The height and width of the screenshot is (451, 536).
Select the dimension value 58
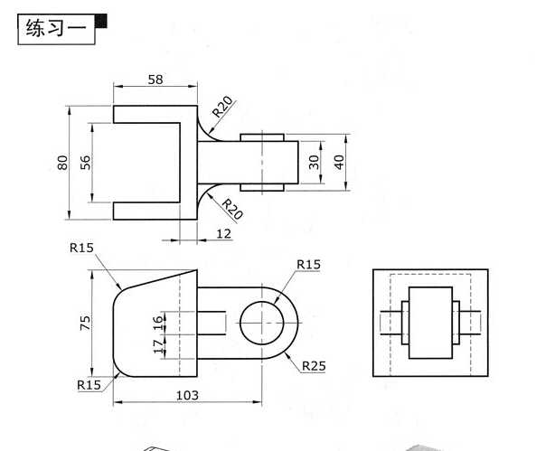pyautogui.click(x=155, y=80)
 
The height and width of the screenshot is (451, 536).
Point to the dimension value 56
pyautogui.click(x=86, y=163)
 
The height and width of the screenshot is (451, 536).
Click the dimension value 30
pyautogui.click(x=314, y=162)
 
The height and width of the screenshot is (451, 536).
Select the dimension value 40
pyautogui.click(x=339, y=162)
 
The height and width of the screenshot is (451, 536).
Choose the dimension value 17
pyautogui.click(x=157, y=344)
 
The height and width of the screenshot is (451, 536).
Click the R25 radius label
pyautogui.click(x=314, y=366)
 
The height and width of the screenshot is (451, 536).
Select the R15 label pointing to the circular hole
pyautogui.click(x=309, y=264)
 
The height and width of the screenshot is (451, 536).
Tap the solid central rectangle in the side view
pyautogui.click(x=429, y=323)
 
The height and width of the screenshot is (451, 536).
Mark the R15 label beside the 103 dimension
pyautogui.click(x=89, y=384)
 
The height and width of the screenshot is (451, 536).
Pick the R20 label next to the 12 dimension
pyautogui.click(x=232, y=209)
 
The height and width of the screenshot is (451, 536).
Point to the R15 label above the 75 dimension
pyautogui.click(x=81, y=248)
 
